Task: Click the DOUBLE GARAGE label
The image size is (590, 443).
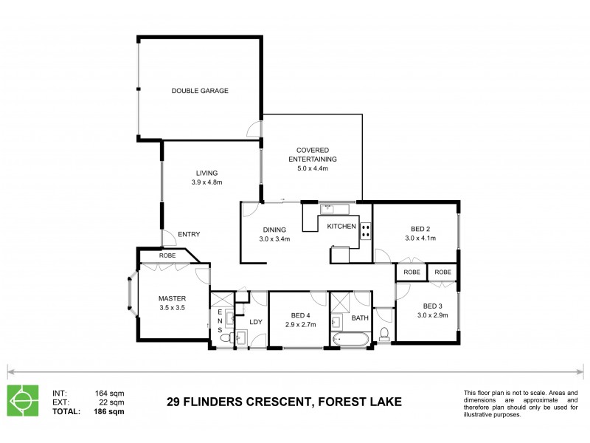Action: (199, 91)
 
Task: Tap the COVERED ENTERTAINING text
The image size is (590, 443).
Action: (312, 154)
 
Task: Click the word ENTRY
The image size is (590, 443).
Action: (189, 234)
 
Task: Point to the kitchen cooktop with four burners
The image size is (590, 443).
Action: (365, 230)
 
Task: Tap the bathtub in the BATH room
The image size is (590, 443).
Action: (351, 340)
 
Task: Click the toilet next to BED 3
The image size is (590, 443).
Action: (383, 334)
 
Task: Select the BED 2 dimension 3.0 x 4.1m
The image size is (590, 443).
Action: (420, 238)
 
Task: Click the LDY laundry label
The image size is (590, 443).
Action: (256, 322)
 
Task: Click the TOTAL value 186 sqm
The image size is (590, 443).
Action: (110, 411)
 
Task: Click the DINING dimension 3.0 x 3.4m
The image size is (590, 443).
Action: (274, 238)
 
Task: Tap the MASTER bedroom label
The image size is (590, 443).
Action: (172, 298)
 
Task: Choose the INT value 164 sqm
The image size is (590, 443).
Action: (110, 393)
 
